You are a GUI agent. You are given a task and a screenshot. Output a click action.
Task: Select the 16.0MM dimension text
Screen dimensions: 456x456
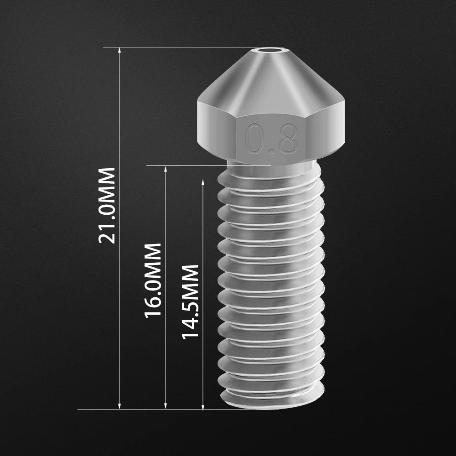click(x=153, y=280)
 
